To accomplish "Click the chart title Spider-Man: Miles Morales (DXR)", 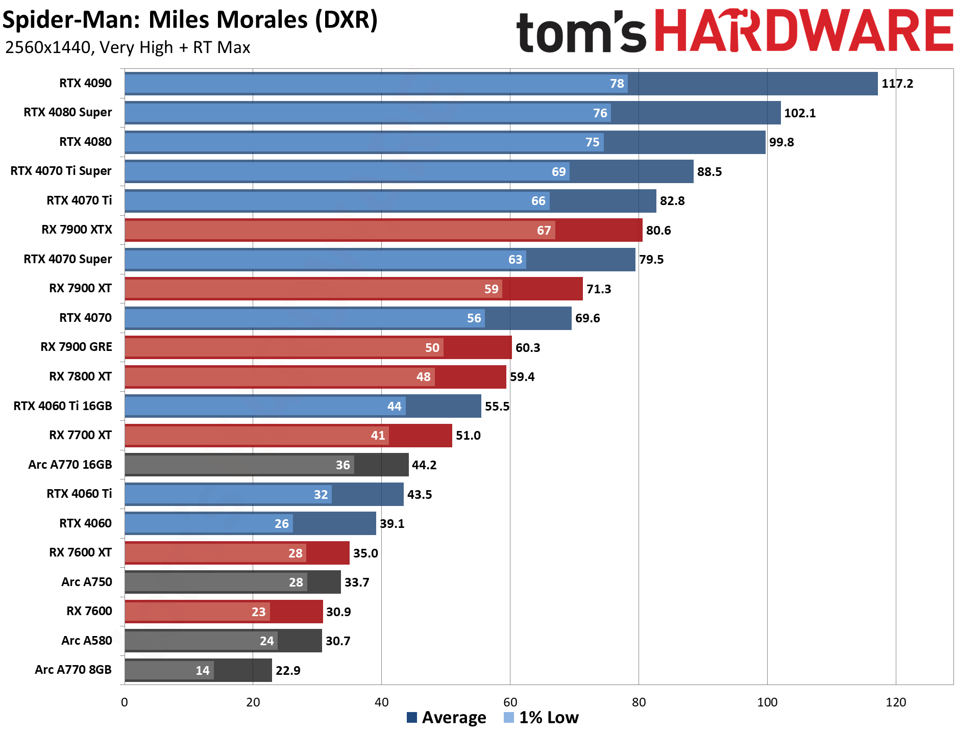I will pyautogui.click(x=190, y=20).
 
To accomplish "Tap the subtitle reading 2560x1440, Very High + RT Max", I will pyautogui.click(x=128, y=47).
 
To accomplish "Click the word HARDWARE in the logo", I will pyautogui.click(x=803, y=32).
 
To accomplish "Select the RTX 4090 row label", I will pyautogui.click(x=85, y=83).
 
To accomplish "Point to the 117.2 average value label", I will pyautogui.click(x=897, y=84).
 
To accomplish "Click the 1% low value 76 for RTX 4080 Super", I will pyautogui.click(x=600, y=113).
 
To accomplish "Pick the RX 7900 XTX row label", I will pyautogui.click(x=77, y=230).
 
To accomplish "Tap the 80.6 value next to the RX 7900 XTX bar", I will pyautogui.click(x=658, y=231).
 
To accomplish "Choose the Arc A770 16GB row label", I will pyautogui.click(x=70, y=465).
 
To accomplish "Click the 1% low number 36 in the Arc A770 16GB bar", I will pyautogui.click(x=343, y=465).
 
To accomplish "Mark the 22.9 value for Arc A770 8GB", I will pyautogui.click(x=288, y=671).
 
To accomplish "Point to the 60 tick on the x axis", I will pyautogui.click(x=510, y=702).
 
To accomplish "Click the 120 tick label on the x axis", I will pyautogui.click(x=896, y=702).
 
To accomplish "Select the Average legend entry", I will pyautogui.click(x=447, y=718).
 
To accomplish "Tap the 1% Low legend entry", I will pyautogui.click(x=542, y=718).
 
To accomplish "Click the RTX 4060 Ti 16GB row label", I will pyautogui.click(x=63, y=406).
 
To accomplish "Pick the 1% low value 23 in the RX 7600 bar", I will pyautogui.click(x=259, y=612).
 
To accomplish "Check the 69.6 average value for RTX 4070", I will pyautogui.click(x=587, y=318).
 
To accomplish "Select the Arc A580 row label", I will pyautogui.click(x=86, y=641).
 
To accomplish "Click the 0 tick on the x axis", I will pyautogui.click(x=125, y=702).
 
